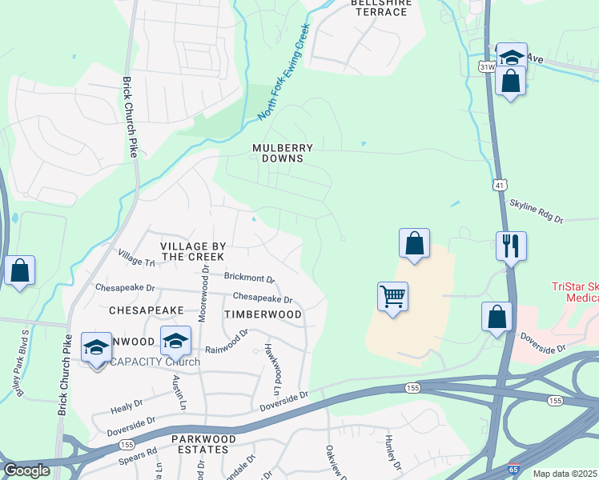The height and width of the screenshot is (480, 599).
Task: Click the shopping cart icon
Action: pyautogui.click(x=392, y=297)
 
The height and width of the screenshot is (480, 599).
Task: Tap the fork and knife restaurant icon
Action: pyautogui.click(x=511, y=246)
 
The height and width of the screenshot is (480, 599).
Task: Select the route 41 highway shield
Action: pyautogui.click(x=499, y=185)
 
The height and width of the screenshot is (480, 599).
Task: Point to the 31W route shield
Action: pyautogui.click(x=487, y=67)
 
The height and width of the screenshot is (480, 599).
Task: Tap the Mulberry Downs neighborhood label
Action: pyautogui.click(x=282, y=153)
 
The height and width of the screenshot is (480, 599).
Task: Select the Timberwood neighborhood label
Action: pyautogui.click(x=263, y=314)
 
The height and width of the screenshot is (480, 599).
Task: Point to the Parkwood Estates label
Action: pyautogui.click(x=203, y=444)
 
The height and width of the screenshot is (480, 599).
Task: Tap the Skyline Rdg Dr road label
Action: pyautogui.click(x=537, y=212)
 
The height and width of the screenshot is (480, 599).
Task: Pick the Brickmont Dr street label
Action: pyautogui.click(x=249, y=278)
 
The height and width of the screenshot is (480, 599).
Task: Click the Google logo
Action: pyautogui.click(x=26, y=470)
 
